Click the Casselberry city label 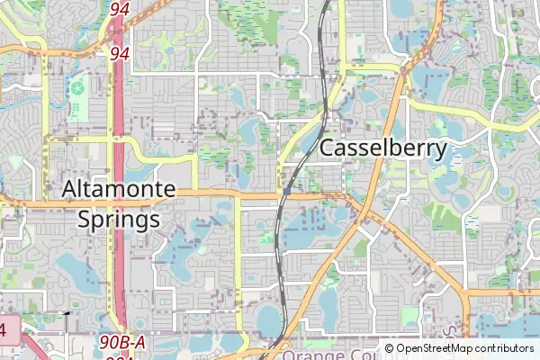(383, 149)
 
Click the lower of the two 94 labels (120, 54)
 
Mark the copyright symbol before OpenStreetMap (389, 348)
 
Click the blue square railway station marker (285, 191)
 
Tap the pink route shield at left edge (4, 330)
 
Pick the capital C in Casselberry (328, 149)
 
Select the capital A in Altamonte (70, 190)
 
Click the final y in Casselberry (441, 152)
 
